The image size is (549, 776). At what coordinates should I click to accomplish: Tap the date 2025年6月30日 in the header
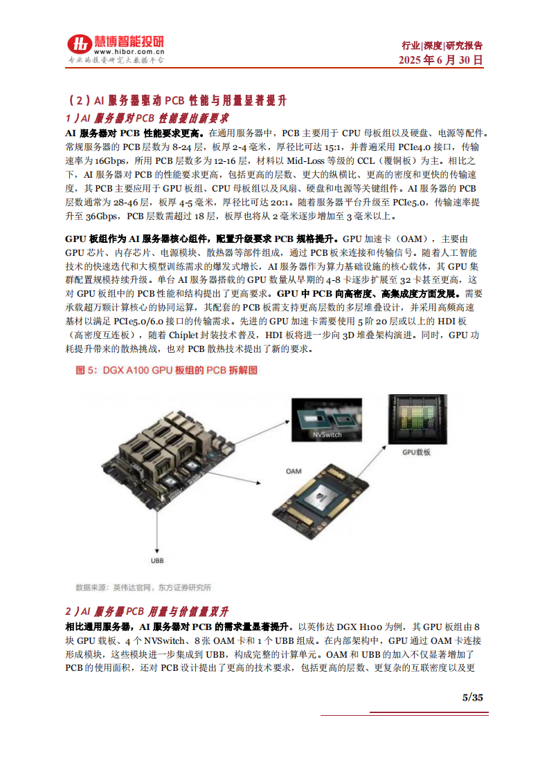[x=440, y=61]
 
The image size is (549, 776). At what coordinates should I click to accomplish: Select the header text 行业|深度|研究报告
[x=442, y=46]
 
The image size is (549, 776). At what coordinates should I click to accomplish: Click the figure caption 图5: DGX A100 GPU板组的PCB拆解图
[x=166, y=371]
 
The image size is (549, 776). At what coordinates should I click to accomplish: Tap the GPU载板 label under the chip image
[x=417, y=452]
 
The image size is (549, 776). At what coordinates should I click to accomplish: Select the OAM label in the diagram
[x=294, y=470]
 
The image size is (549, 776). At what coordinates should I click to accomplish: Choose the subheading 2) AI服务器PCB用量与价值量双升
[x=147, y=611]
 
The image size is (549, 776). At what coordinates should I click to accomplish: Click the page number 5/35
[x=472, y=697]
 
